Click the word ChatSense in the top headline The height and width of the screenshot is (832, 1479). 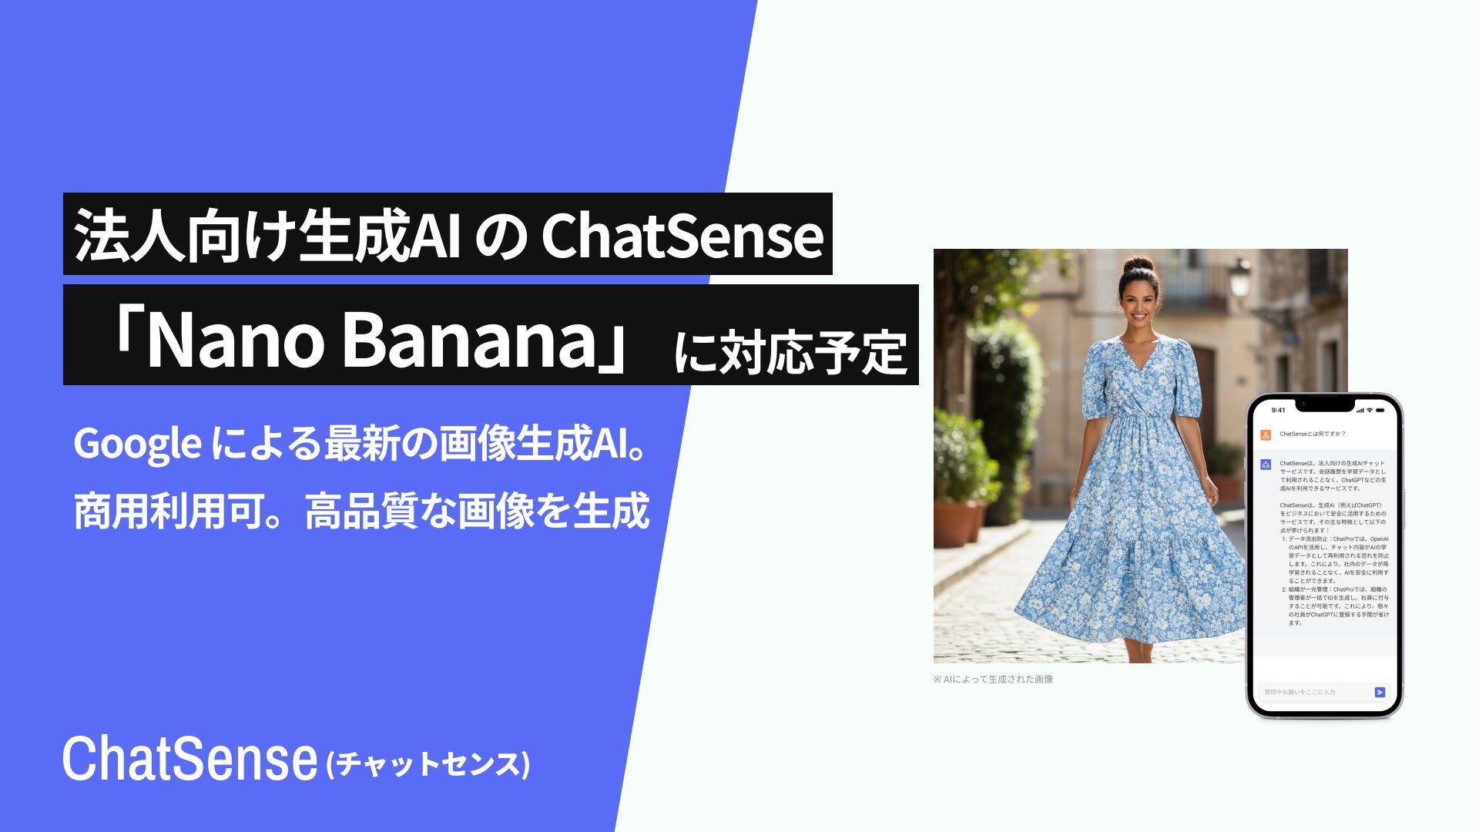pyautogui.click(x=682, y=236)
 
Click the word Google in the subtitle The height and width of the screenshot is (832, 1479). pyautogui.click(x=137, y=444)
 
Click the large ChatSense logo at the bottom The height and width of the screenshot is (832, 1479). pyautogui.click(x=189, y=760)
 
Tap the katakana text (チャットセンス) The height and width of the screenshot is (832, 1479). pyautogui.click(x=428, y=764)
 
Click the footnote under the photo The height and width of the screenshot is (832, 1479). pyautogui.click(x=993, y=679)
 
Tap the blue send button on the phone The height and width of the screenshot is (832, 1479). pyautogui.click(x=1380, y=692)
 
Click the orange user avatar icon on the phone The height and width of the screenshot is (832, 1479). pyautogui.click(x=1266, y=434)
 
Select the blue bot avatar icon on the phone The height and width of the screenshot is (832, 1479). pyautogui.click(x=1266, y=465)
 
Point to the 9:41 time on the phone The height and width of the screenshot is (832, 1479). pyautogui.click(x=1279, y=410)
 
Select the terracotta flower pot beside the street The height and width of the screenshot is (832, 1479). pyautogui.click(x=954, y=524)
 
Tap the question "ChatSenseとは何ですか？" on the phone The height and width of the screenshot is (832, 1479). pyautogui.click(x=1313, y=434)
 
